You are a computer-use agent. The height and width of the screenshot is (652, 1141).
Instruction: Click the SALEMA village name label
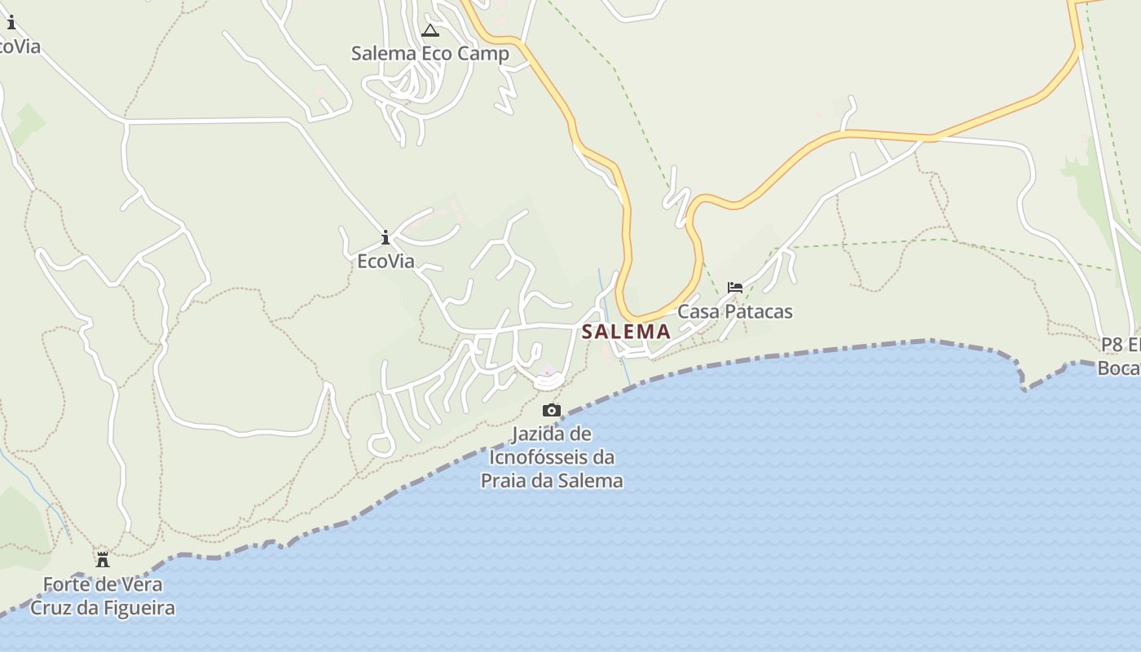coord(626,332)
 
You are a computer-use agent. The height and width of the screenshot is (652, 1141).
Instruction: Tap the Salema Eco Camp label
coord(430,54)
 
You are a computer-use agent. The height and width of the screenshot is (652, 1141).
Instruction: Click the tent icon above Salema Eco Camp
coord(430,31)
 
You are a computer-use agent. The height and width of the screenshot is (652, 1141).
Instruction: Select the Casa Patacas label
coord(734,311)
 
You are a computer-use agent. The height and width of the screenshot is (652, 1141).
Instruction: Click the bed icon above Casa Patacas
coord(734,288)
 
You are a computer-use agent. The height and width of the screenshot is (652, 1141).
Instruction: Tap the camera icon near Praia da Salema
coord(552,410)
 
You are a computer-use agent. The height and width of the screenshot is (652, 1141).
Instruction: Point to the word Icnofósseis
coord(551,457)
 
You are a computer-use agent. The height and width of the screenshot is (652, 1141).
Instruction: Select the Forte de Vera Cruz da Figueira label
coord(103,596)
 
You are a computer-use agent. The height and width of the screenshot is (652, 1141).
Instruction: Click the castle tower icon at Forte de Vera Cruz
coord(103,560)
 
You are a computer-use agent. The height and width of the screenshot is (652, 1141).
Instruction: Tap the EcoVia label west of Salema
coord(385,262)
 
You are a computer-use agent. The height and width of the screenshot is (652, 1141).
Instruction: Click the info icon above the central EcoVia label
coord(385,238)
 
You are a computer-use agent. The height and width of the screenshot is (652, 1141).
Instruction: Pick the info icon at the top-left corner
coord(11,23)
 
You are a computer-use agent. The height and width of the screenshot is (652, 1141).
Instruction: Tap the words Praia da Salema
coord(551,481)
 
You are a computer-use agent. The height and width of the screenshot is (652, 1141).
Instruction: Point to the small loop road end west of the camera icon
coord(381,445)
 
